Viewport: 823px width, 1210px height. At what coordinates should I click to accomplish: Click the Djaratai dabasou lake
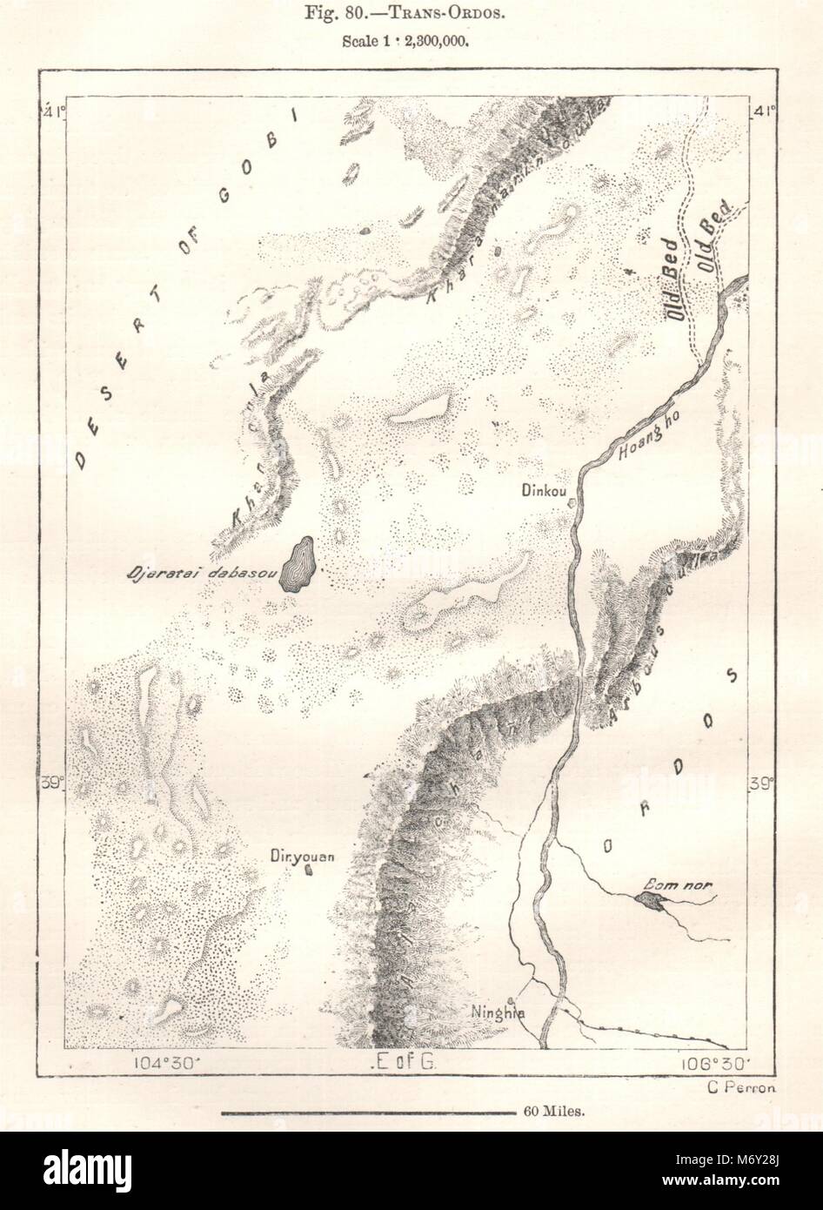pos(298,566)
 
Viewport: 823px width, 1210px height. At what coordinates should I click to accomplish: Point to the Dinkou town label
pos(544,490)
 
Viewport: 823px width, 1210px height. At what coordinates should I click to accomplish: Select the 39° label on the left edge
pos(54,783)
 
